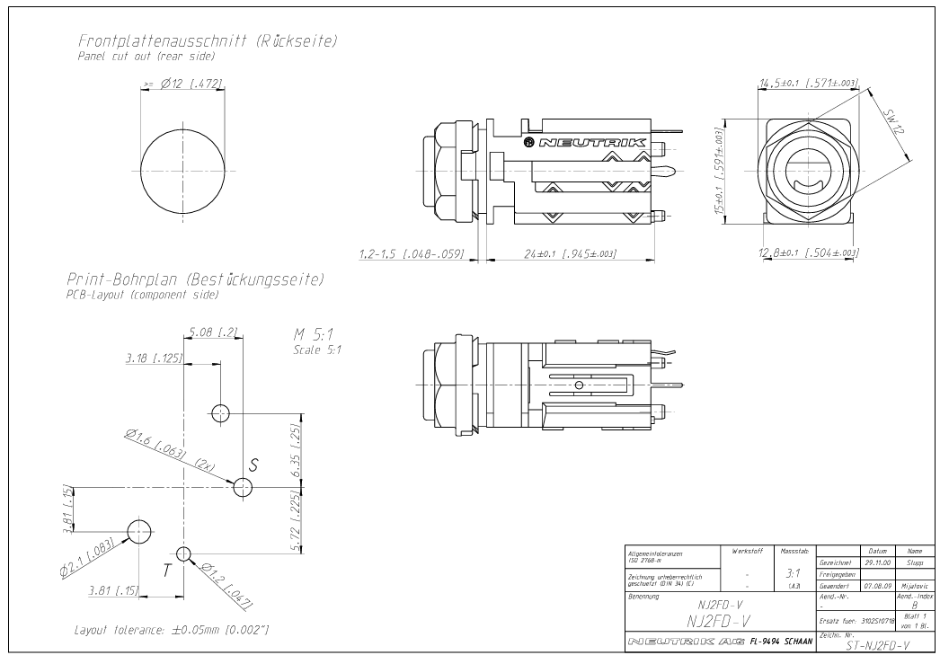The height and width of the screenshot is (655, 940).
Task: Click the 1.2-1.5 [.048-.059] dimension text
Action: coord(410,254)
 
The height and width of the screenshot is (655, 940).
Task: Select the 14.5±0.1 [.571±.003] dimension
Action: coord(809,84)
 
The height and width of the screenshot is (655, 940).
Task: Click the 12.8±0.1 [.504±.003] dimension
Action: coord(809,254)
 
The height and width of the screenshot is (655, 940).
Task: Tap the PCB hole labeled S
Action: coord(243,487)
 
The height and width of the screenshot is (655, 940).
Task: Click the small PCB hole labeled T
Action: coord(184,553)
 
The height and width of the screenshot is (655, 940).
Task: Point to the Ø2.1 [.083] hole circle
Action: coord(139,531)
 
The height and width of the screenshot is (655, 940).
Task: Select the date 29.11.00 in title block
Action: coord(875,561)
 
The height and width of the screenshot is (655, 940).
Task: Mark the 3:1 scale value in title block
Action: coord(793,571)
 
